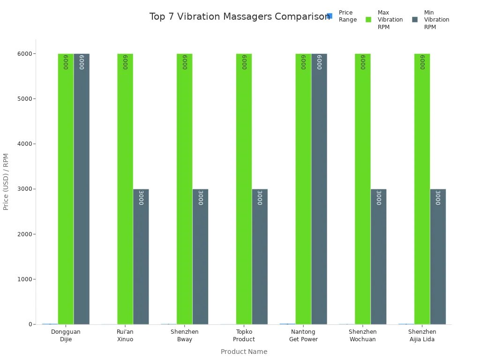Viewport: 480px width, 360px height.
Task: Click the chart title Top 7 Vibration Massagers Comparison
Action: pyautogui.click(x=240, y=17)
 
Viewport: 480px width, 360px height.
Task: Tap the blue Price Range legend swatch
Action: pyautogui.click(x=330, y=16)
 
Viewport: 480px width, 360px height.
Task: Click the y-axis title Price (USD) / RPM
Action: pyautogui.click(x=6, y=181)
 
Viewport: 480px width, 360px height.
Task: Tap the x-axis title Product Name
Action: pyautogui.click(x=244, y=352)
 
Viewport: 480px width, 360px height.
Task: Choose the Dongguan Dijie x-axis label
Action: pyautogui.click(x=66, y=335)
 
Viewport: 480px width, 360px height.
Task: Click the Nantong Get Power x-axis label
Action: pyautogui.click(x=303, y=335)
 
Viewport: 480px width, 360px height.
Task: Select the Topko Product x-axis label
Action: pyautogui.click(x=244, y=335)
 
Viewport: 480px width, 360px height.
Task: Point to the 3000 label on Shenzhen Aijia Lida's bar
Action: pyautogui.click(x=437, y=198)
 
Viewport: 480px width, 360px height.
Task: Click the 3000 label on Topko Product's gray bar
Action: pyautogui.click(x=259, y=198)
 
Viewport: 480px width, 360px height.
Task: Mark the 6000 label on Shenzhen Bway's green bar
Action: pyautogui.click(x=185, y=62)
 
